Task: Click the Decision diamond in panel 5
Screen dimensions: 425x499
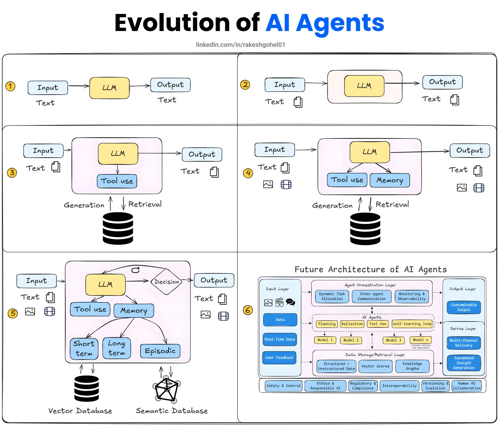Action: click(x=166, y=282)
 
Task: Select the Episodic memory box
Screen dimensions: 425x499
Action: click(x=160, y=351)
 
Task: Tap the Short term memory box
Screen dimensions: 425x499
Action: click(x=84, y=349)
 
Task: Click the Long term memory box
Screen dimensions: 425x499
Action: click(x=117, y=348)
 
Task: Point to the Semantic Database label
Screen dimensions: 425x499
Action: click(x=172, y=411)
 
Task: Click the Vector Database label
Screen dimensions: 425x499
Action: click(x=80, y=411)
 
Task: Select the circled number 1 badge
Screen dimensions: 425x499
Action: click(x=11, y=86)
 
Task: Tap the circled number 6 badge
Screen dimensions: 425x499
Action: click(x=248, y=310)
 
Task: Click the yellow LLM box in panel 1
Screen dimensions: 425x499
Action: click(x=109, y=88)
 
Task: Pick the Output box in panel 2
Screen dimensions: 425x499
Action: click(x=442, y=82)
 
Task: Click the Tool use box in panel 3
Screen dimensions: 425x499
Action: click(x=117, y=181)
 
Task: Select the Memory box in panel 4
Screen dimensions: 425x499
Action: click(x=390, y=180)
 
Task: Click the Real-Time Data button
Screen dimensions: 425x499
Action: click(x=280, y=339)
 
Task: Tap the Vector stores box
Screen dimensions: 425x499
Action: click(x=375, y=366)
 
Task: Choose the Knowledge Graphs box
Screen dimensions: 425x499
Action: click(x=412, y=366)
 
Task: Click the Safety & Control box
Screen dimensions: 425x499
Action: click(x=283, y=386)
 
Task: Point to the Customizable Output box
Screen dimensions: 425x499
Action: click(x=464, y=307)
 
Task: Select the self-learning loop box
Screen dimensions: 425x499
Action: click(x=412, y=324)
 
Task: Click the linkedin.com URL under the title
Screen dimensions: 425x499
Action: click(x=240, y=45)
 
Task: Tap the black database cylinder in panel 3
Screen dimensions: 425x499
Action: click(x=118, y=228)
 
